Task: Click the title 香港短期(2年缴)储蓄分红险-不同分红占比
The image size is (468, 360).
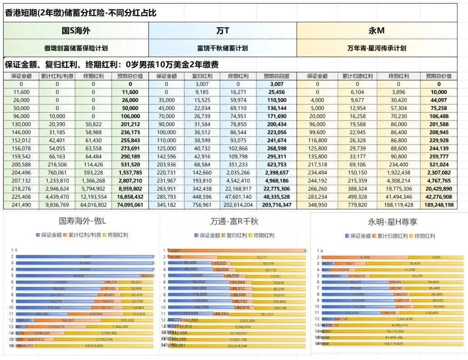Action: (81, 13)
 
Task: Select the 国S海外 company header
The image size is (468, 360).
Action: (76, 31)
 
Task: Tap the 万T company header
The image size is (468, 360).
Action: (222, 31)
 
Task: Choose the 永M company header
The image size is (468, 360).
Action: (377, 31)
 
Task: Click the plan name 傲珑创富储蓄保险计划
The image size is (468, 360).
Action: (76, 48)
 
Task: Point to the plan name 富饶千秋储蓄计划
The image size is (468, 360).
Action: (222, 48)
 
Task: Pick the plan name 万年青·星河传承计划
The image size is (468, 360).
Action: (377, 48)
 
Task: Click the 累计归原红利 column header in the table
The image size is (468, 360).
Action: (357, 76)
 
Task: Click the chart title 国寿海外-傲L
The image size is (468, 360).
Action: (81, 222)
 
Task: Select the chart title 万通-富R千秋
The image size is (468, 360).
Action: (235, 222)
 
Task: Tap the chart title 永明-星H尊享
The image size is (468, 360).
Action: (393, 222)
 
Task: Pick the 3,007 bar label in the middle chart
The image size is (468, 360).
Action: (175, 250)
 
